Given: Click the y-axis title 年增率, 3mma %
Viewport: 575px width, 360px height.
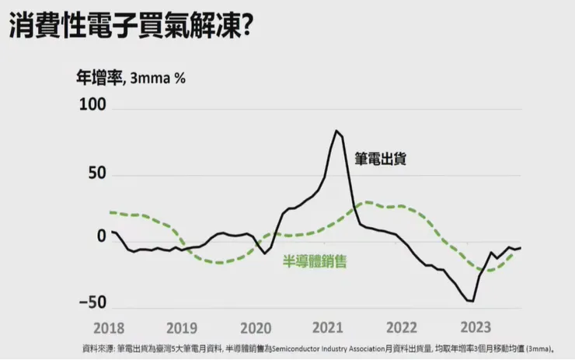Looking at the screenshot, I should [131, 78].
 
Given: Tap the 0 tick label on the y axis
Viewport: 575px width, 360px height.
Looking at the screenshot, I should [100, 237].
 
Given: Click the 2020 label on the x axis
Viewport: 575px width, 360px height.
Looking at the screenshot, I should [256, 328].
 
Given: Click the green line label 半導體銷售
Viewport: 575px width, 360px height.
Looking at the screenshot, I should [314, 262].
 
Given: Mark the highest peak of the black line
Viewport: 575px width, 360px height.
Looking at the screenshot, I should [336, 131].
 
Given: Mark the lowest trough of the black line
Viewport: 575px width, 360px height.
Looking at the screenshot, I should [470, 301].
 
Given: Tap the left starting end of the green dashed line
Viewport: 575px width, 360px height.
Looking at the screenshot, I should [111, 211].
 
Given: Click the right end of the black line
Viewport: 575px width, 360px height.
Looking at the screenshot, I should [521, 247].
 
